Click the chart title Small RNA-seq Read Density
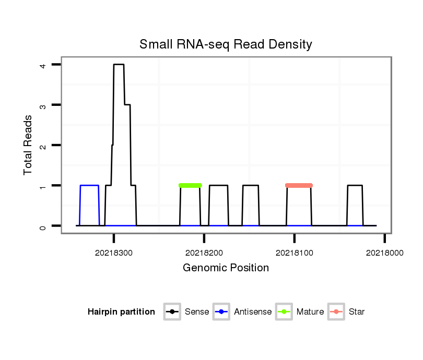[x=226, y=44]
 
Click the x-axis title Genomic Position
[x=226, y=268]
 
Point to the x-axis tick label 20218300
[x=114, y=253]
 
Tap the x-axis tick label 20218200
[x=204, y=253]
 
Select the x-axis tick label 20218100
[x=295, y=253]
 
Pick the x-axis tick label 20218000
[x=384, y=253]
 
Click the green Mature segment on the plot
[x=190, y=185]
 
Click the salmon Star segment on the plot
[x=299, y=185]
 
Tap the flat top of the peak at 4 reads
[x=119, y=65]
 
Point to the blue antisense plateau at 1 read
[x=89, y=185]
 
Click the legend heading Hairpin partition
[x=121, y=312]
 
